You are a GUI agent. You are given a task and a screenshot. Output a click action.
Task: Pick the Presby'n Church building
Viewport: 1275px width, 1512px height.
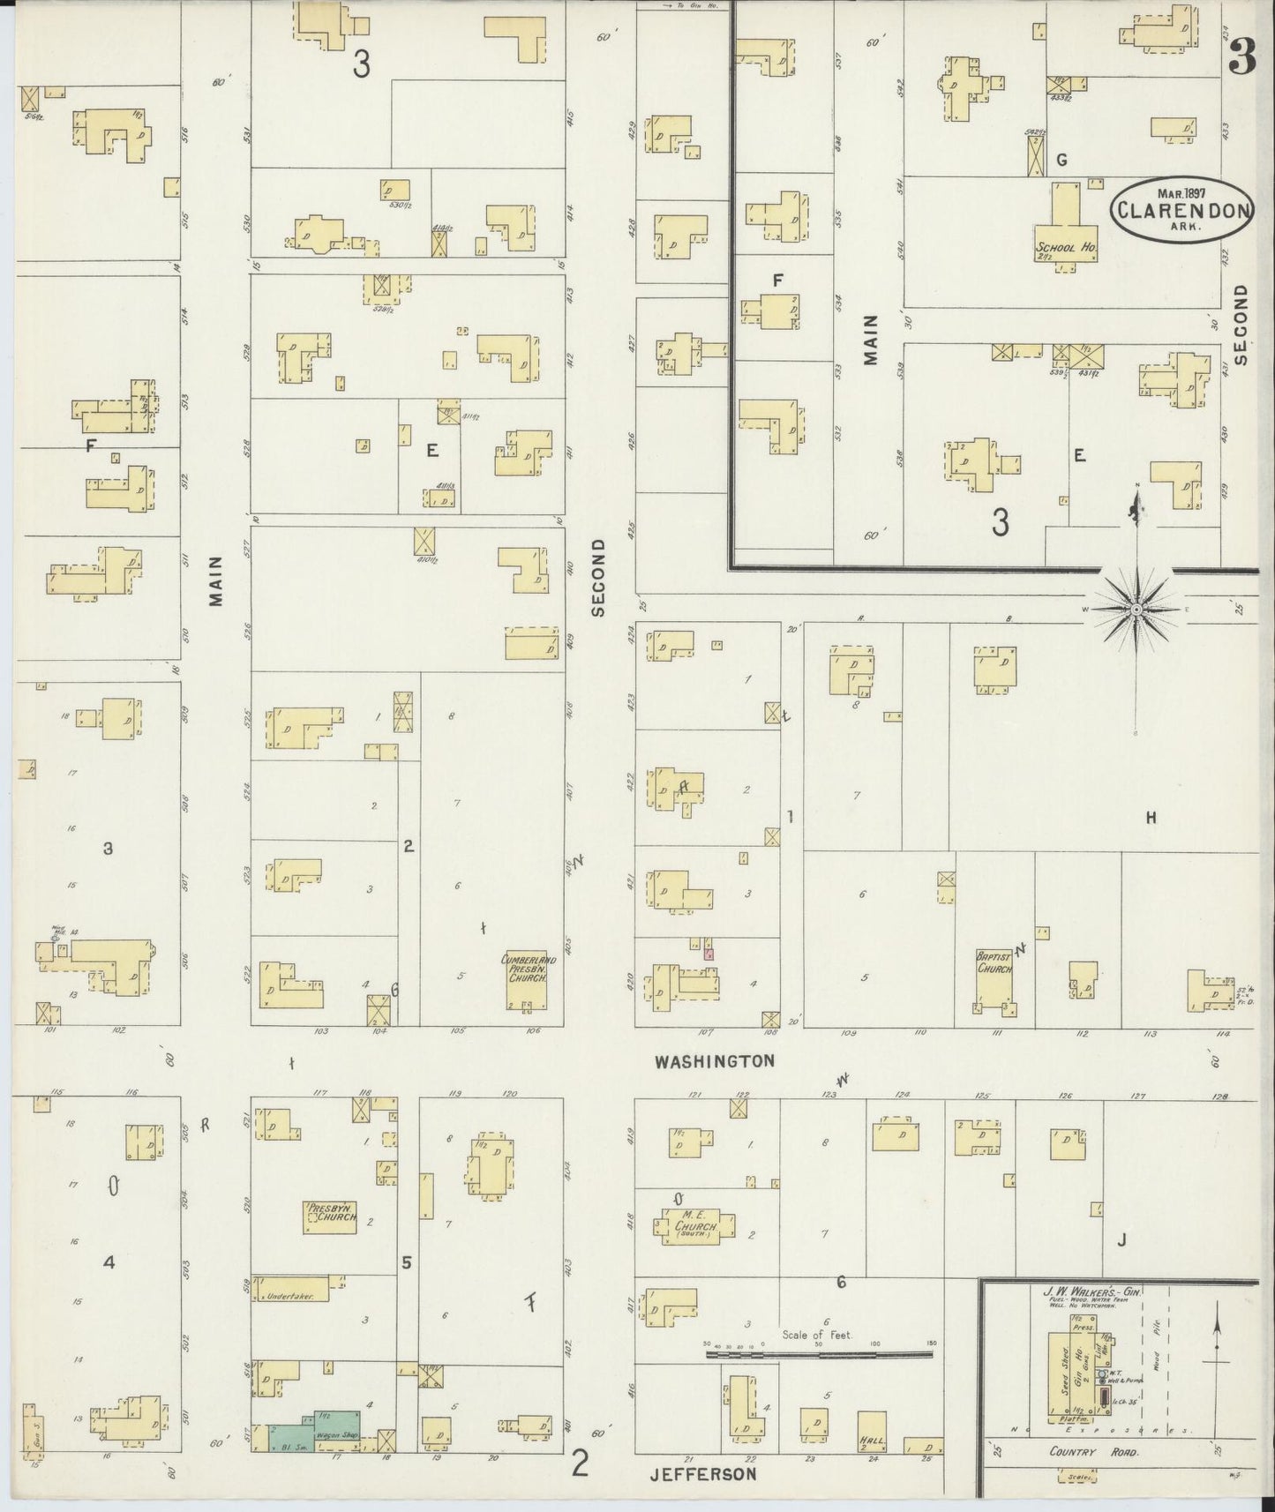[331, 1216]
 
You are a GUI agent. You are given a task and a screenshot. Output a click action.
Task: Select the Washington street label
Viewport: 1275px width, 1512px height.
[715, 1061]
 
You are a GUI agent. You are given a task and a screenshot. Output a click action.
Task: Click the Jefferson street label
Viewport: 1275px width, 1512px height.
[703, 1474]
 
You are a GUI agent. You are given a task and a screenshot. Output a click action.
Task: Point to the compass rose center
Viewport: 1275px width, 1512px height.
[1136, 609]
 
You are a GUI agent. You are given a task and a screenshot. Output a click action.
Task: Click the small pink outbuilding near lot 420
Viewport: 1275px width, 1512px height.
[708, 953]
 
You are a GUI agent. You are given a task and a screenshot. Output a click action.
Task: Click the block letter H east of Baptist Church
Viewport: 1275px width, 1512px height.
[1151, 818]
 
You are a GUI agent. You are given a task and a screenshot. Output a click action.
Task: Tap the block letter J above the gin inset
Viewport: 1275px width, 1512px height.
[1121, 1240]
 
